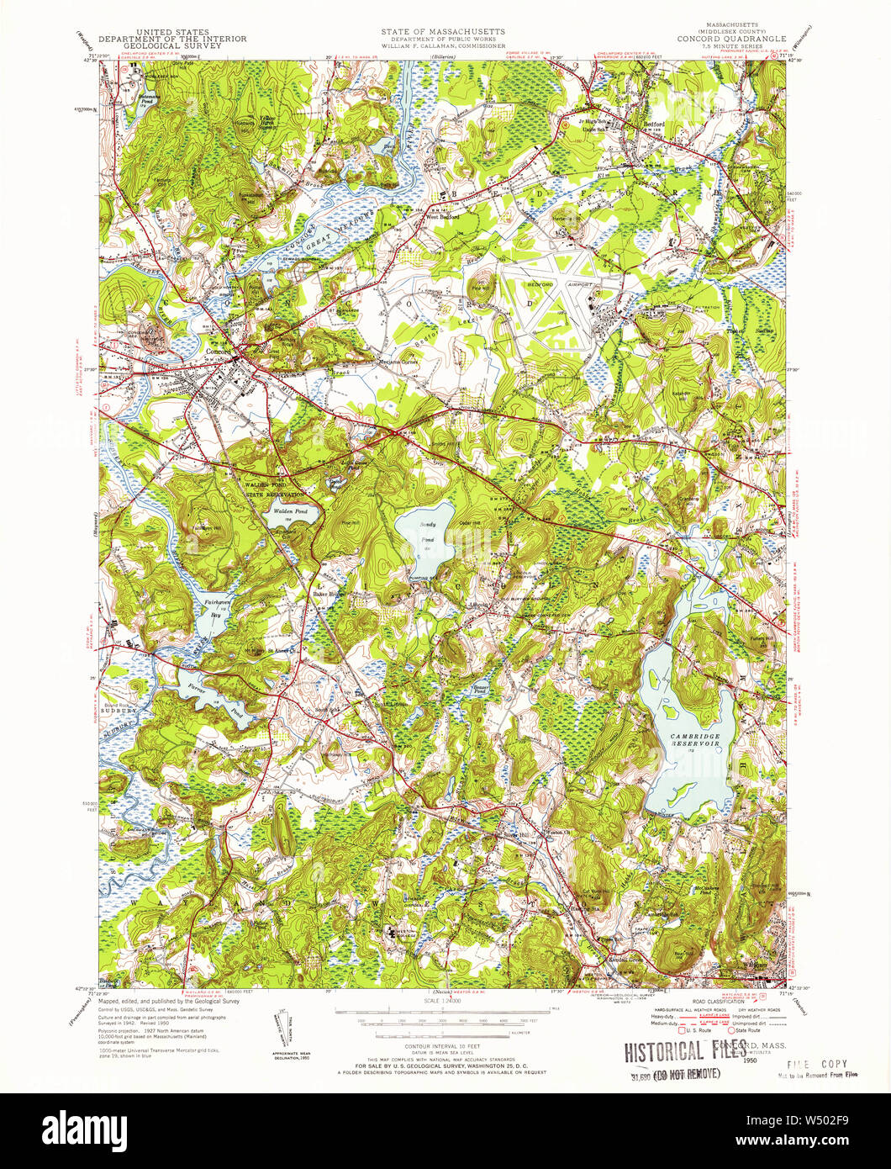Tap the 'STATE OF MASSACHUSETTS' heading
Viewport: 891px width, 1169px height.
coord(442,30)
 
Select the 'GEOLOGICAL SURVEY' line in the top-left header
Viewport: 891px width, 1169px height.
coord(172,47)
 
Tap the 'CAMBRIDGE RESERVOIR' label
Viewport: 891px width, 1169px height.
coord(695,740)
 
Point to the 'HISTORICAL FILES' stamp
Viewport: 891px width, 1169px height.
coord(674,1050)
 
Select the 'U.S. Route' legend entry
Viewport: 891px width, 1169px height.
coord(676,1030)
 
